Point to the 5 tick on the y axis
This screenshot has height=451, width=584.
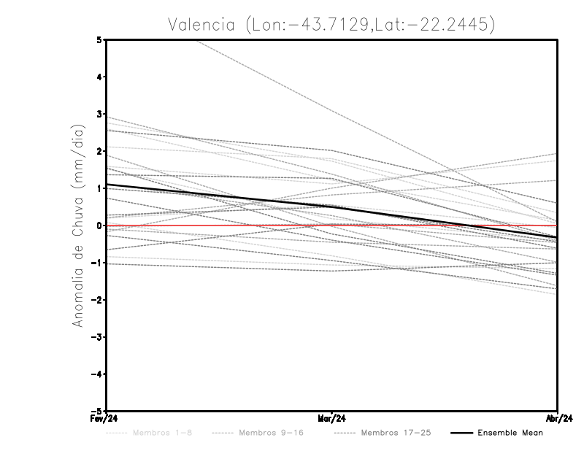tap(99, 39)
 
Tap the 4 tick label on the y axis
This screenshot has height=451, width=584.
tap(99, 77)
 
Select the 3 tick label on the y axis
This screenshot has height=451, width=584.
tap(99, 114)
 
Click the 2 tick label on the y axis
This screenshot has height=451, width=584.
tap(99, 151)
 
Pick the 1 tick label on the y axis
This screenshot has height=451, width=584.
tap(99, 188)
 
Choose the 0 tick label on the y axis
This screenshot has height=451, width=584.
tap(99, 225)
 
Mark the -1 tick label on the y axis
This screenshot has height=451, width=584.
tap(97, 263)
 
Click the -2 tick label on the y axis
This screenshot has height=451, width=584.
tap(97, 300)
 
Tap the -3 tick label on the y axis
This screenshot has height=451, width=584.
tap(97, 337)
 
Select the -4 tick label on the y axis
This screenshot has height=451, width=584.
tap(97, 374)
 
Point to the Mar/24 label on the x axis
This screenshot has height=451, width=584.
tap(332, 419)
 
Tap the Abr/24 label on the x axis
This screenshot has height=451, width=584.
tap(558, 419)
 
